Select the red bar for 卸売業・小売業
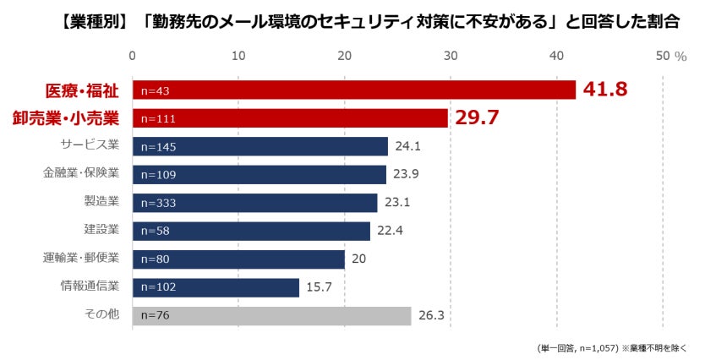coord(290,118)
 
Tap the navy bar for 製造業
coord(254,203)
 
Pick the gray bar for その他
coord(271,316)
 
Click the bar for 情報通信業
coord(216,287)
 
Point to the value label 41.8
coord(604,90)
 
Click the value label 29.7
coord(478,117)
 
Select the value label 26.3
coord(432,316)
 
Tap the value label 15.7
coord(320,287)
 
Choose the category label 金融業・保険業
coord(81,174)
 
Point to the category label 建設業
coord(101,231)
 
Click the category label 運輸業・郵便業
coord(81,259)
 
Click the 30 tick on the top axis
coord(451,56)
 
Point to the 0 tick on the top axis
coord(133,56)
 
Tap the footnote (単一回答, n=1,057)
coord(577,347)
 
